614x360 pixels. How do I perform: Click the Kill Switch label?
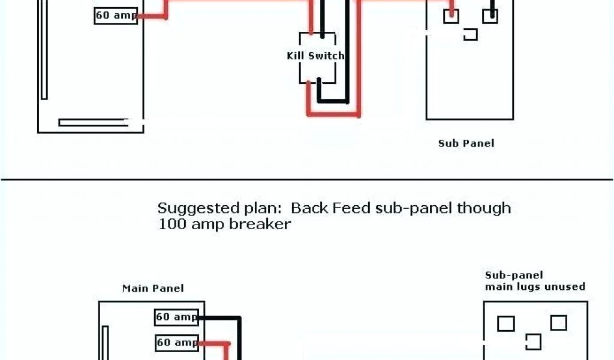click(315, 56)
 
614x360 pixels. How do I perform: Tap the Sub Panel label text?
click(466, 143)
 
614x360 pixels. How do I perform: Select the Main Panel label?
click(153, 288)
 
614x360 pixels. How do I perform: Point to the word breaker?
click(263, 224)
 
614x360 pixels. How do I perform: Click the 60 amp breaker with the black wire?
click(177, 317)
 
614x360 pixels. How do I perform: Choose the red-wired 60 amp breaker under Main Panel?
click(177, 343)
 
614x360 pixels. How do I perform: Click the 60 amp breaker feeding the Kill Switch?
click(116, 16)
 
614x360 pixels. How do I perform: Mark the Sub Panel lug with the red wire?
click(451, 16)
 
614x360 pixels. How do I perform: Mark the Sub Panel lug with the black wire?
click(490, 16)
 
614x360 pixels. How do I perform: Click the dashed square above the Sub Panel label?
click(471, 34)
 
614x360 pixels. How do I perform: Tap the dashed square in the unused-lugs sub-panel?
click(533, 342)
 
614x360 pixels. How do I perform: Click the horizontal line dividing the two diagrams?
click(307, 178)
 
